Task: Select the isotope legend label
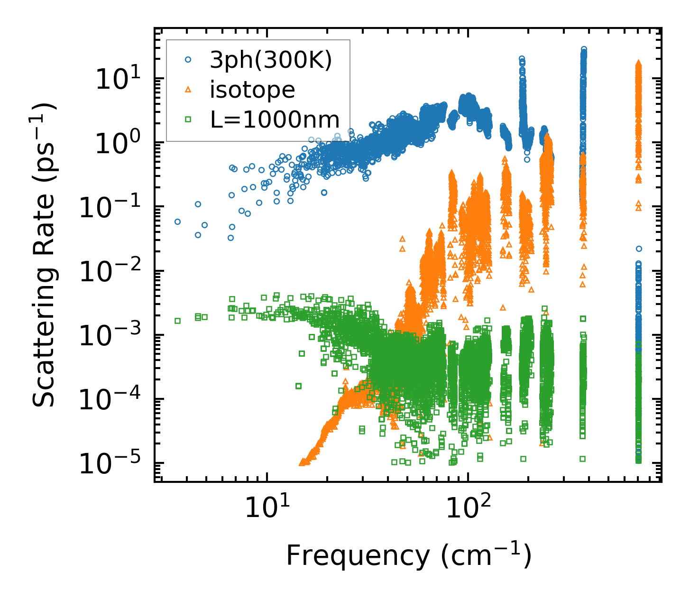[253, 90]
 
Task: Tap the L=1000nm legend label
[275, 120]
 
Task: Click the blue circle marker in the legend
[188, 60]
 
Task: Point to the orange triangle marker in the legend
[188, 90]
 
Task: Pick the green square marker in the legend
[188, 120]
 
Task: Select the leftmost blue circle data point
[177, 222]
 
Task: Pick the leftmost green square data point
[177, 321]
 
